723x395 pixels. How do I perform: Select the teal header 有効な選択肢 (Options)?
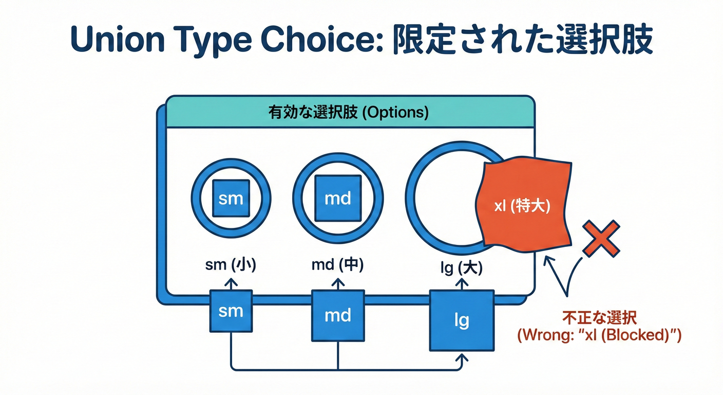click(x=348, y=113)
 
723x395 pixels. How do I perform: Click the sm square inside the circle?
click(x=231, y=198)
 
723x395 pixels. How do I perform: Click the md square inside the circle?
click(x=338, y=198)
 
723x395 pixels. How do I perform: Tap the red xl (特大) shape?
click(x=524, y=206)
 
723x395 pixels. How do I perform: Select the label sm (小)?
click(x=231, y=265)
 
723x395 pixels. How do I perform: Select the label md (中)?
click(x=338, y=265)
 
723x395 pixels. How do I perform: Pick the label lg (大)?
click(x=461, y=267)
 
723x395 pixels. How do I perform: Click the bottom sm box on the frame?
click(x=231, y=311)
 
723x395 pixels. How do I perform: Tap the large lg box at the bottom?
click(x=462, y=320)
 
